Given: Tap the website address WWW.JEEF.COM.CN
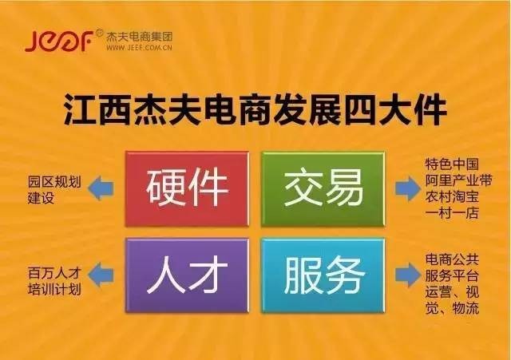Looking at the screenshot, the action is (139, 48).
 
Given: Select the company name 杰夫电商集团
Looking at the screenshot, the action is (139, 37).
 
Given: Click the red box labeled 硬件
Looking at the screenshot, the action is (187, 189).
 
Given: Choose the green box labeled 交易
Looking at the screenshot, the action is (323, 189).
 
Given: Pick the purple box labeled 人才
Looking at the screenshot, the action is (187, 275).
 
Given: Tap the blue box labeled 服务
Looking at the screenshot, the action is (323, 275).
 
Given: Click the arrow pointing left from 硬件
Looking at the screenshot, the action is (101, 188).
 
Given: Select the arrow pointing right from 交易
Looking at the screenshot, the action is (408, 188).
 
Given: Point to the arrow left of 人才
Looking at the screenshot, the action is (101, 275).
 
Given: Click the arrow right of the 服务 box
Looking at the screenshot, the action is (408, 275).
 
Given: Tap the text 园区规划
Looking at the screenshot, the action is (54, 182).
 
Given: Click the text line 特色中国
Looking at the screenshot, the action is (452, 164).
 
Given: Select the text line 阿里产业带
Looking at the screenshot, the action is (458, 180).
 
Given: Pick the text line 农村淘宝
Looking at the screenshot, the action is (452, 196).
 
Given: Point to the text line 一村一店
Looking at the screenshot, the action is (452, 213).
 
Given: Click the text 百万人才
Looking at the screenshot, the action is (54, 273).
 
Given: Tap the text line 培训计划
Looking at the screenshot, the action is (54, 289).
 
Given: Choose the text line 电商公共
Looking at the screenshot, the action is (452, 259).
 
